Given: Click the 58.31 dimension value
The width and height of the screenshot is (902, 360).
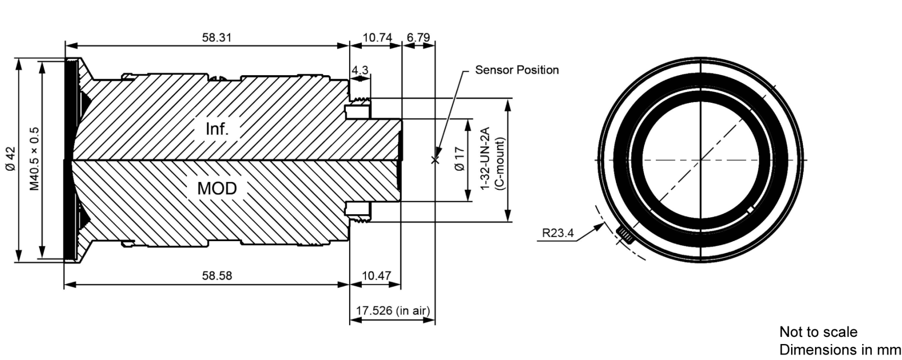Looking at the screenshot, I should tap(217, 38).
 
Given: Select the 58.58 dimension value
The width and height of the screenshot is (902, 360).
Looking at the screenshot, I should tap(217, 275).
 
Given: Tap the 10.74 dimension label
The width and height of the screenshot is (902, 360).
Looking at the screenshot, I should tap(377, 38).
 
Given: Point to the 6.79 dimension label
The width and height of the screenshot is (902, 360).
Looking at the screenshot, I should tap(418, 38).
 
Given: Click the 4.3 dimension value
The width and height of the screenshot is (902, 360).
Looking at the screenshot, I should tap(360, 70).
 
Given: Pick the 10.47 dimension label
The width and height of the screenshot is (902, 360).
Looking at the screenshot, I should tap(376, 275).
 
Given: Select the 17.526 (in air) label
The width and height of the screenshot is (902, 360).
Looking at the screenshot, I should tap(393, 311).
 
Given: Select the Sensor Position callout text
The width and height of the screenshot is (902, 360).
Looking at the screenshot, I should tap(517, 70).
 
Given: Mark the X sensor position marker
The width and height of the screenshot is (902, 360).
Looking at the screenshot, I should tap(435, 160).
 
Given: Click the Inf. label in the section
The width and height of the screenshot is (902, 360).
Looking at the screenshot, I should tap(217, 129).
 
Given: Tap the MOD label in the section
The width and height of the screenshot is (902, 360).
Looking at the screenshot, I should tap(217, 188).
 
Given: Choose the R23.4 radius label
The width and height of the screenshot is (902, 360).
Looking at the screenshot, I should tap(558, 233).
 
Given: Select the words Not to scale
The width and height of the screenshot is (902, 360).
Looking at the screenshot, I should tap(818, 332).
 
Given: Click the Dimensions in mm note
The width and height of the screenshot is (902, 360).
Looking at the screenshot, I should tap(840, 350).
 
